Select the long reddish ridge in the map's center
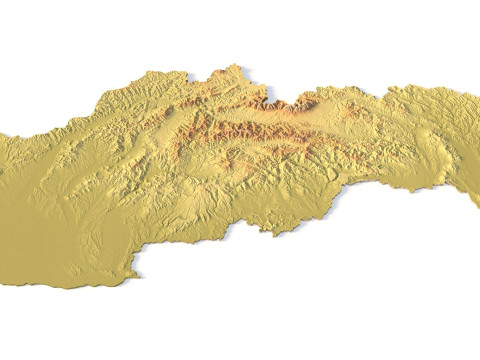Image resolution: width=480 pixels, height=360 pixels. point(240,131)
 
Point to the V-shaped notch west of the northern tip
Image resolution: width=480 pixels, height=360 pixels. point(190,75)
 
